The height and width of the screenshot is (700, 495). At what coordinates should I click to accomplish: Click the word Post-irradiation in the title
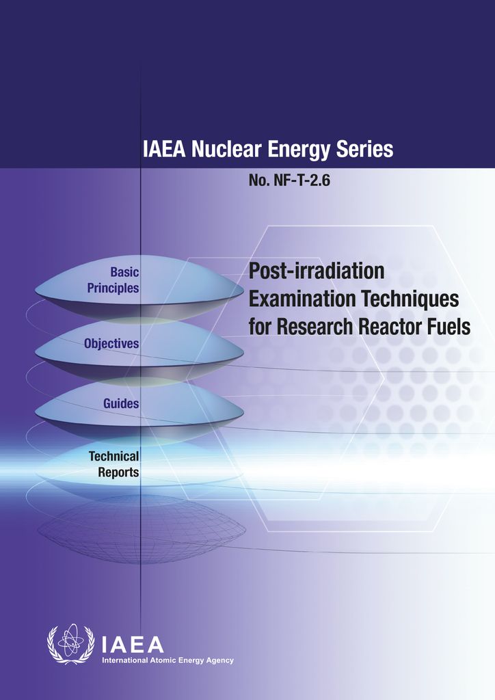tap(317, 271)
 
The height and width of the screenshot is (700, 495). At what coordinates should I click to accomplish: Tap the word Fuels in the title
tap(447, 327)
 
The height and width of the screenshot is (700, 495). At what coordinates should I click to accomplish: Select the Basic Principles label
tap(113, 280)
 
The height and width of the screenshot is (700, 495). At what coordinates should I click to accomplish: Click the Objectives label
tap(111, 343)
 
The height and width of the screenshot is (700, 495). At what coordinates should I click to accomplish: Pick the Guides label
tap(121, 403)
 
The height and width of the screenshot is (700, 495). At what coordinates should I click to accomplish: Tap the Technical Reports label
tap(113, 463)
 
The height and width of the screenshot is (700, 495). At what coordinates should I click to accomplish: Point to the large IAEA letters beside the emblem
tap(133, 643)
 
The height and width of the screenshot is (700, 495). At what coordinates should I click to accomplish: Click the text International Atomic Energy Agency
tap(168, 660)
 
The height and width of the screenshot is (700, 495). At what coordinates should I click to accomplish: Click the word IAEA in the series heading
tap(165, 149)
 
